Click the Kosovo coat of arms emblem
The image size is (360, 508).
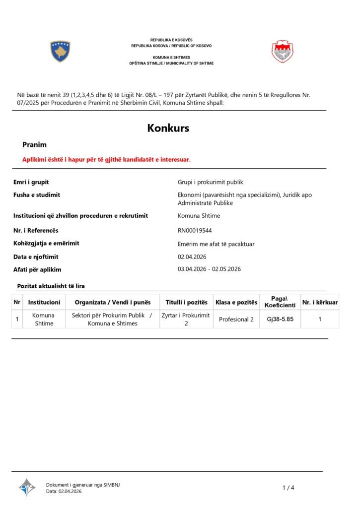(60, 51)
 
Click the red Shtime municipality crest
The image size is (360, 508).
(282, 52)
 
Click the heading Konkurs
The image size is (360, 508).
(168, 128)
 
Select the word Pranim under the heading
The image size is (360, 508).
(34, 145)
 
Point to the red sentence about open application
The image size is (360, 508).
(106, 159)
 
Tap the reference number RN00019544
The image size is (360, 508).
(198, 230)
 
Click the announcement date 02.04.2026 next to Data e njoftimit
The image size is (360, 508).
(192, 256)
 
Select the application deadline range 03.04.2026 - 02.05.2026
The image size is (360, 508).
(209, 269)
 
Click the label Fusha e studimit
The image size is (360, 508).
(37, 195)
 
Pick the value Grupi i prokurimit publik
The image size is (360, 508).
(211, 182)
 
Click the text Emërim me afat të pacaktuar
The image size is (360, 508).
(216, 244)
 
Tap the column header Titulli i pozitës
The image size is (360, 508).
(186, 302)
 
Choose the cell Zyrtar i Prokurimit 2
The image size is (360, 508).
(186, 319)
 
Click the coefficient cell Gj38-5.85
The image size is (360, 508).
(280, 319)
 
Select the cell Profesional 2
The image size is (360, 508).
(236, 319)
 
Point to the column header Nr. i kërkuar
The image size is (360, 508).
(320, 302)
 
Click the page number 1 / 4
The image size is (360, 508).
(288, 488)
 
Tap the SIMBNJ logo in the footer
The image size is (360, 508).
(27, 487)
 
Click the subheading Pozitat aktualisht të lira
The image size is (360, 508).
(51, 286)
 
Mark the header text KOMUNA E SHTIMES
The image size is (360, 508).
(171, 58)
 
